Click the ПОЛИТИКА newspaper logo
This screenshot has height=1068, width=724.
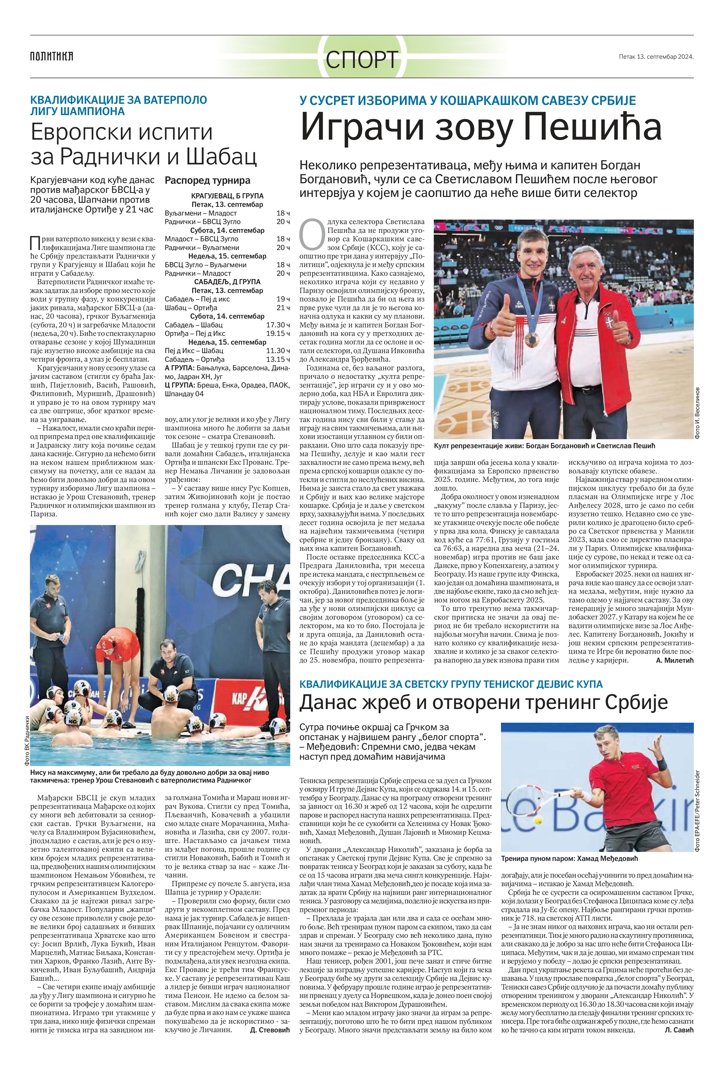[x=51, y=57]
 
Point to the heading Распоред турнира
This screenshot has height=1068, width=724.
[x=208, y=181]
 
